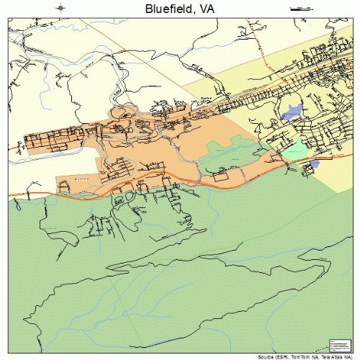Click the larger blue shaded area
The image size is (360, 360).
pyautogui.click(x=292, y=112)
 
